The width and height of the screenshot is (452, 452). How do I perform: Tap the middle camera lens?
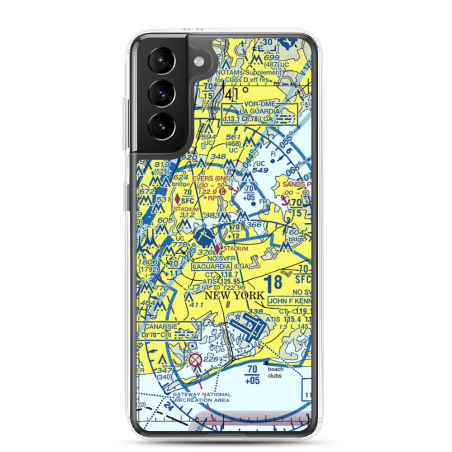[161, 93]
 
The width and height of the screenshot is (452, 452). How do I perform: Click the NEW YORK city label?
[234, 296]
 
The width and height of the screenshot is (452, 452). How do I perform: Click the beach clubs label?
[275, 372]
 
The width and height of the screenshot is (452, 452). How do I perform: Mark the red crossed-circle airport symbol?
[195, 360]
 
